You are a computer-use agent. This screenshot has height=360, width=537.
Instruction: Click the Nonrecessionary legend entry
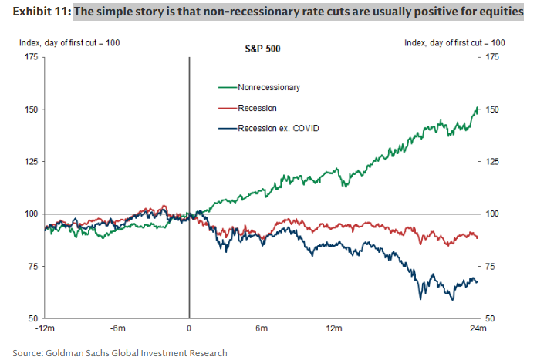click(268, 87)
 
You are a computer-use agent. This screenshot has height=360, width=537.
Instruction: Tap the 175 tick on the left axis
click(32, 57)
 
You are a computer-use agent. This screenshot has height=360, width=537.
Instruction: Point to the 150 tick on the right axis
click(491, 109)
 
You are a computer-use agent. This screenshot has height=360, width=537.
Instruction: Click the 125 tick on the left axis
click(32, 162)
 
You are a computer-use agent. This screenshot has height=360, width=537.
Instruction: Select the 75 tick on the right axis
click(489, 267)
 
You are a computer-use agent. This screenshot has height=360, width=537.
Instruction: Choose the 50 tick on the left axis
click(34, 318)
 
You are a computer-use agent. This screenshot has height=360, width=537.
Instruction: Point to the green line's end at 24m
click(478, 109)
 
